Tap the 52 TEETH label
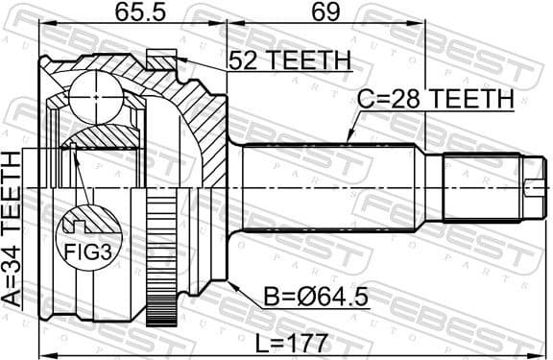pyautogui.click(x=287, y=60)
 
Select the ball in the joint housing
pyautogui.click(x=100, y=96)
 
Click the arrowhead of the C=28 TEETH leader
pyautogui.click(x=351, y=142)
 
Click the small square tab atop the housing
pyautogui.click(x=160, y=59)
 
